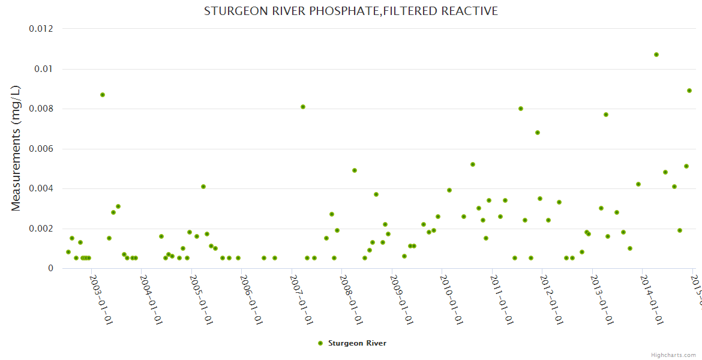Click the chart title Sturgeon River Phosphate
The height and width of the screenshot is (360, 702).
pyautogui.click(x=351, y=11)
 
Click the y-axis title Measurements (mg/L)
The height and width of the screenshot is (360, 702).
pyautogui.click(x=16, y=148)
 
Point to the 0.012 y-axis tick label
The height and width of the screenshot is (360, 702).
pyautogui.click(x=41, y=29)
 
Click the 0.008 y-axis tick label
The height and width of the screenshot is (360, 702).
pyautogui.click(x=41, y=109)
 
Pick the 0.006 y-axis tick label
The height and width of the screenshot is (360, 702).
pyautogui.click(x=41, y=149)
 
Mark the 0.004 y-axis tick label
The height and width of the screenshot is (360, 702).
pyautogui.click(x=41, y=188)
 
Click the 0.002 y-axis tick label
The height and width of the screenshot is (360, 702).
pyautogui.click(x=41, y=229)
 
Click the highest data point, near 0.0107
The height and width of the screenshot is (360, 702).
pyautogui.click(x=656, y=55)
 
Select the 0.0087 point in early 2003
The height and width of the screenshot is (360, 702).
pyautogui.click(x=103, y=95)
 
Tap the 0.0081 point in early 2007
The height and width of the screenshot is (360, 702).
pyautogui.click(x=303, y=107)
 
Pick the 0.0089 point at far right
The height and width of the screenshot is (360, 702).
pyautogui.click(x=689, y=91)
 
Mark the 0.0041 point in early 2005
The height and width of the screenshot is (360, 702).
pyautogui.click(x=203, y=187)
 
